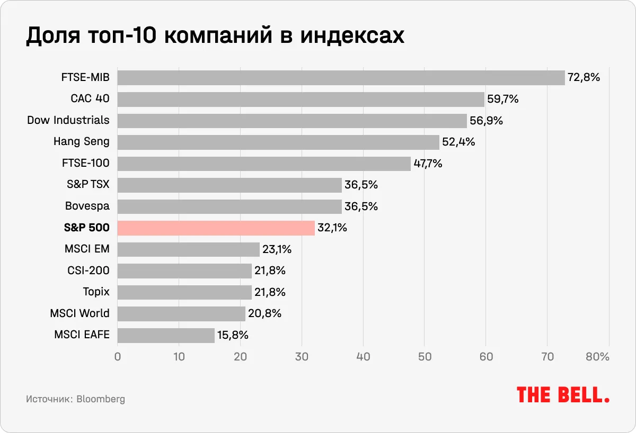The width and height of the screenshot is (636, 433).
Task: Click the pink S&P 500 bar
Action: [x=216, y=228]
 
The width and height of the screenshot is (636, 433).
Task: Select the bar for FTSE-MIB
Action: [x=341, y=78]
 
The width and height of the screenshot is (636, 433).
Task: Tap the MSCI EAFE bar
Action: [x=166, y=335]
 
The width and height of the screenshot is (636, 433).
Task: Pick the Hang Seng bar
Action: [x=278, y=142]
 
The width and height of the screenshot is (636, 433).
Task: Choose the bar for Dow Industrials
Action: [x=292, y=121]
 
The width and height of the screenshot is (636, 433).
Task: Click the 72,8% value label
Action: [x=584, y=78]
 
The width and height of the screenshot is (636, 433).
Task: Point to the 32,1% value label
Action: [x=332, y=228]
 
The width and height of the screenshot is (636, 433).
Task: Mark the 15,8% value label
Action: [x=233, y=335]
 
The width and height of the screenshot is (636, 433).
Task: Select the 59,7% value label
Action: [x=502, y=99]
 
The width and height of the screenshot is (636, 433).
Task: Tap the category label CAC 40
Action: [x=90, y=99]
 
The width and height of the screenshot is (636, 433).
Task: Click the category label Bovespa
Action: [x=87, y=206]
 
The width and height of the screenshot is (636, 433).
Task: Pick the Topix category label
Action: [x=96, y=292]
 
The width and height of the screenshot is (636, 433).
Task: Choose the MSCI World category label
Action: [x=79, y=313]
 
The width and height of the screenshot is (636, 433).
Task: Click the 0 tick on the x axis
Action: [x=118, y=357]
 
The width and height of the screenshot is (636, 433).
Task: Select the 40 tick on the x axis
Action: [x=363, y=357]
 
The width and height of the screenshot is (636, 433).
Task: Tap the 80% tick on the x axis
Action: [x=597, y=357]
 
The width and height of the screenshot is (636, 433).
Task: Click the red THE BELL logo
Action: [x=562, y=394]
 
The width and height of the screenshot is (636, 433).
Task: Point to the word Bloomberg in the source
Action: [x=101, y=399]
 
